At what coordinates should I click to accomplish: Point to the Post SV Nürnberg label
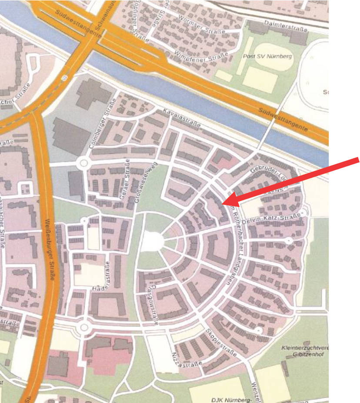[x=267, y=57]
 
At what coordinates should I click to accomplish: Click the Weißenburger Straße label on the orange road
[x=50, y=248]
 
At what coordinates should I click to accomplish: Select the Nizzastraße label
[x=187, y=360]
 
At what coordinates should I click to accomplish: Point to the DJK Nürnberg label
[x=232, y=399]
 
